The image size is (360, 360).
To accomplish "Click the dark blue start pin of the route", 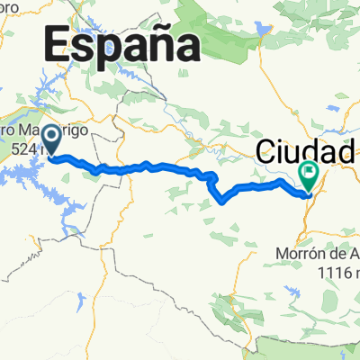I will (x=52, y=139).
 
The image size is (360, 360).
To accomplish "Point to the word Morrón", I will (x=296, y=255).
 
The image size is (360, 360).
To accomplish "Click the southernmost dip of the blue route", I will (x=221, y=202).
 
